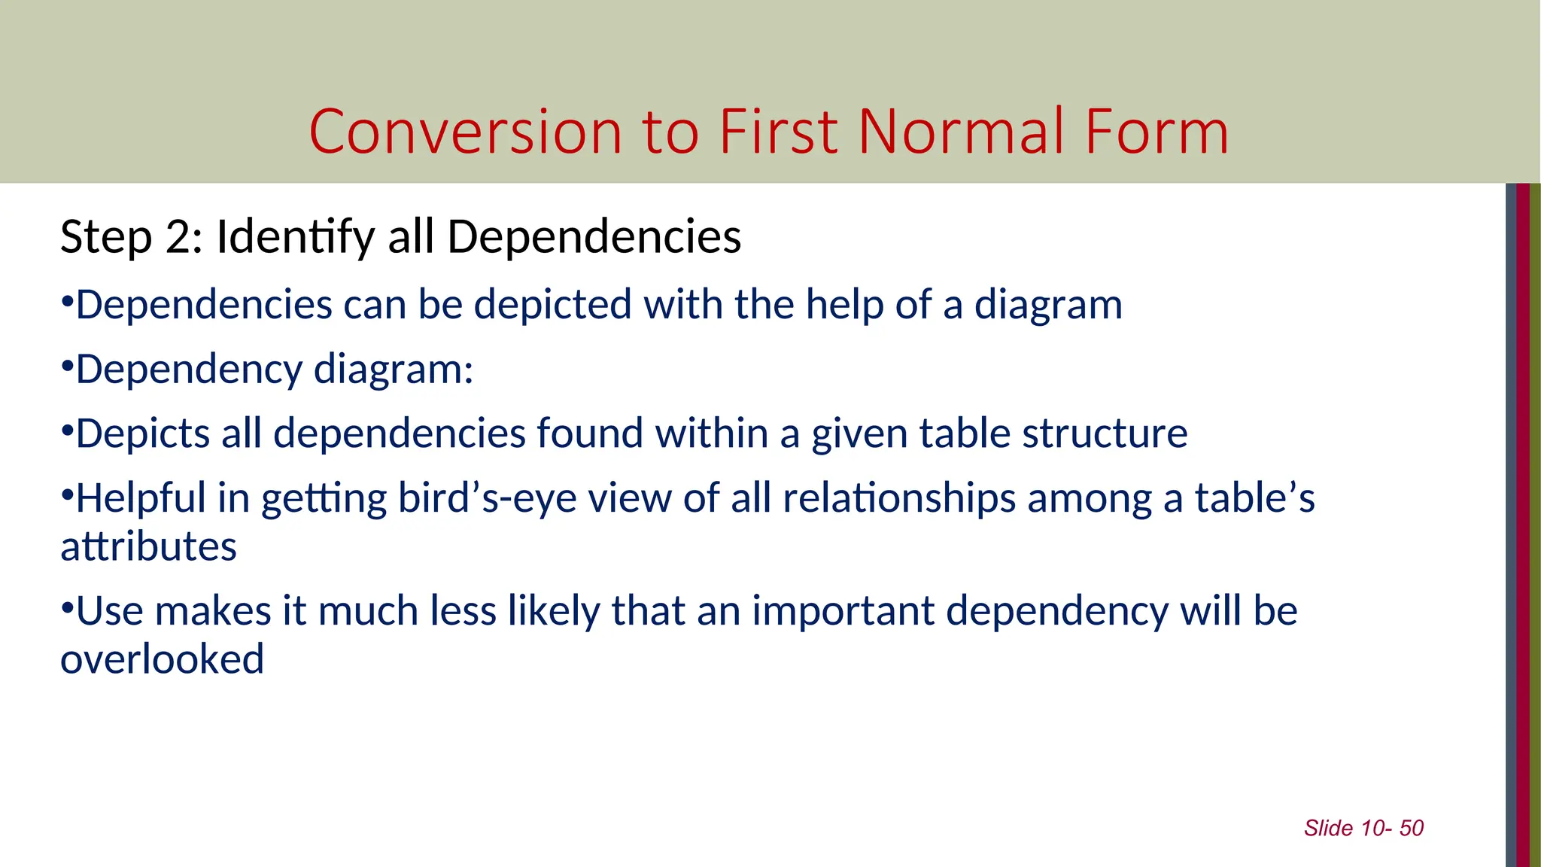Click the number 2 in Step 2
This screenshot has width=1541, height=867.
click(179, 237)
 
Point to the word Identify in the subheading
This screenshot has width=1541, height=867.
click(296, 239)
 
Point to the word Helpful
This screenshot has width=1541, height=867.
click(141, 498)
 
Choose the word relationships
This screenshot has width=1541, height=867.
click(899, 498)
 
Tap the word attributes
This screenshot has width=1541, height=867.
click(149, 547)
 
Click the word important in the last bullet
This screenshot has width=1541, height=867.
click(843, 610)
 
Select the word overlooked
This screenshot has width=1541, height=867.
click(163, 660)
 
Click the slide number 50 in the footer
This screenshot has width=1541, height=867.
click(1412, 829)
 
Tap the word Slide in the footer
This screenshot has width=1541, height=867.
click(1329, 829)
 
